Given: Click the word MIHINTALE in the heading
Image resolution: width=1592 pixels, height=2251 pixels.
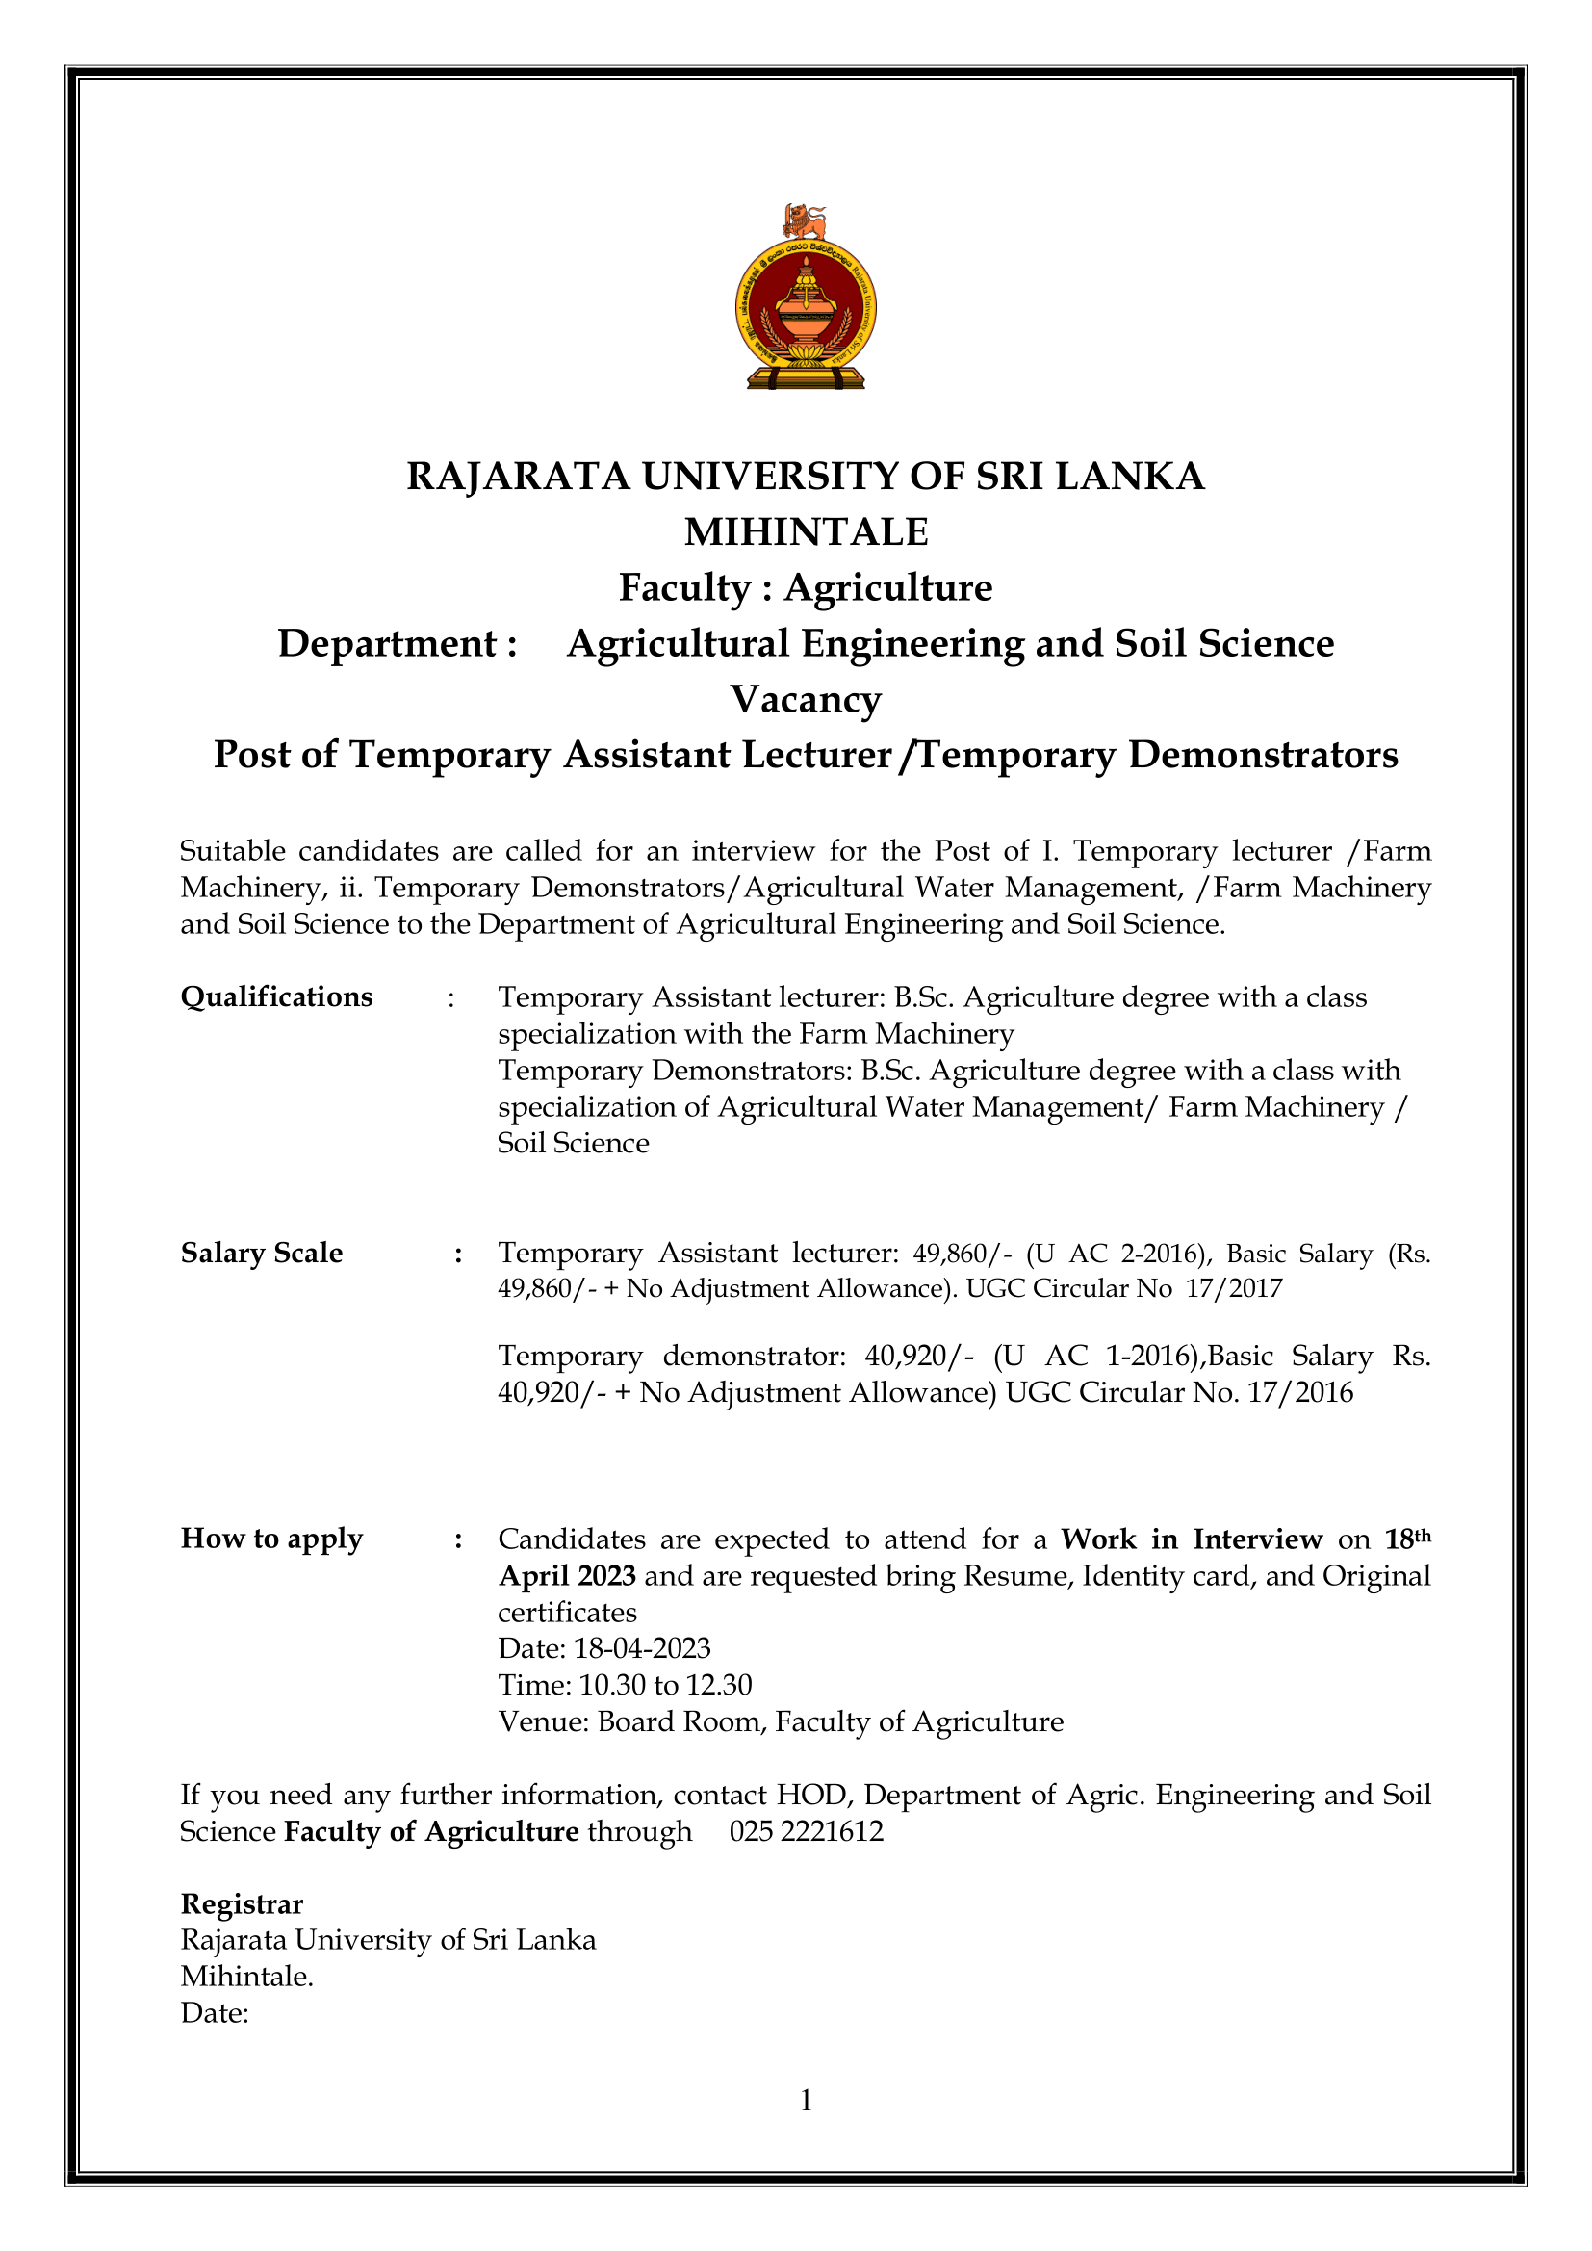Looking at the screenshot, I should (806, 532).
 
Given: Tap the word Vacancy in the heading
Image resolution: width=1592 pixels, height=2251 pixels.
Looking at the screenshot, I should (806, 700).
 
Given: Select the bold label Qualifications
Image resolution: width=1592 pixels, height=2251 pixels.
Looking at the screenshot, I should (276, 997).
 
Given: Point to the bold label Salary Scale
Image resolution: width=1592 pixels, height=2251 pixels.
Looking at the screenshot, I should (262, 1253).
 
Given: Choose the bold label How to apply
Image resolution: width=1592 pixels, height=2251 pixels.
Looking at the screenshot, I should (271, 1539).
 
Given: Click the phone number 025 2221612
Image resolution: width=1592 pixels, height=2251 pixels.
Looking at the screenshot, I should (806, 1831).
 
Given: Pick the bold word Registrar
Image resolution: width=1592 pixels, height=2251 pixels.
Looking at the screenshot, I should (243, 1904).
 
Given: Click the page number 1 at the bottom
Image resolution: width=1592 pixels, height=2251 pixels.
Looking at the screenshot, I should (806, 2100).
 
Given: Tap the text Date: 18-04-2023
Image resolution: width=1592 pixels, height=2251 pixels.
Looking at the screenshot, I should (603, 1648).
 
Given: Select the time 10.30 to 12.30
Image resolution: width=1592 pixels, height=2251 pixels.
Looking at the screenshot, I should (666, 1684).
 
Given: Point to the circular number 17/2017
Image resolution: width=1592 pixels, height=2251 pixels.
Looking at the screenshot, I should (1233, 1288).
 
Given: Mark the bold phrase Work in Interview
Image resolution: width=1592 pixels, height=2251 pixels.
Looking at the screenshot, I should (1191, 1539).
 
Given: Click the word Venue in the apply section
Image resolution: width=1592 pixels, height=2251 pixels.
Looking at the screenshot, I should (540, 1721).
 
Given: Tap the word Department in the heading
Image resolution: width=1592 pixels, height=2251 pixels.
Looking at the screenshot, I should (388, 644).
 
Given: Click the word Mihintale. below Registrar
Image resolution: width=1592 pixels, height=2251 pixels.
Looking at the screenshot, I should (247, 1977).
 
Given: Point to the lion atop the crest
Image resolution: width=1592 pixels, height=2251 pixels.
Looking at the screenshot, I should (805, 220).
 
